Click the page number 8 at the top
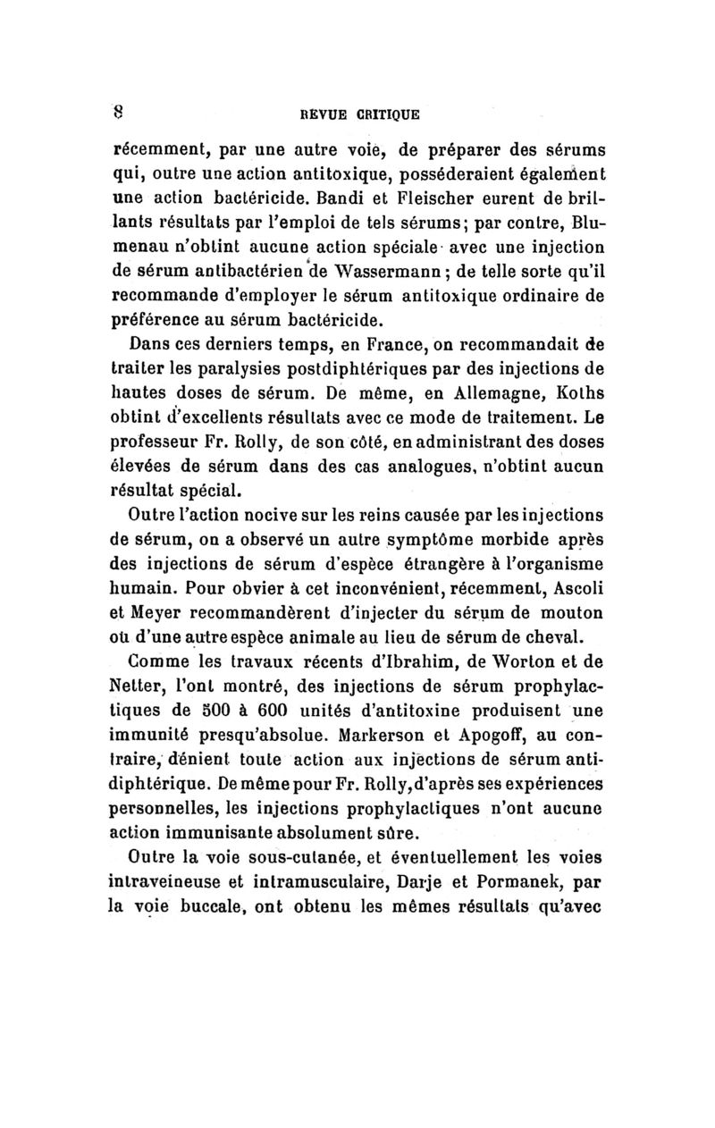[116, 113]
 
